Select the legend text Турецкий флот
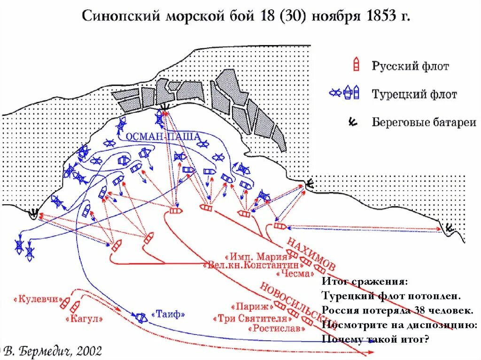point(414,94)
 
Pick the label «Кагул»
point(85,319)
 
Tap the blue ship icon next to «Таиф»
point(140,317)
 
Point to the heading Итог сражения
point(365,282)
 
